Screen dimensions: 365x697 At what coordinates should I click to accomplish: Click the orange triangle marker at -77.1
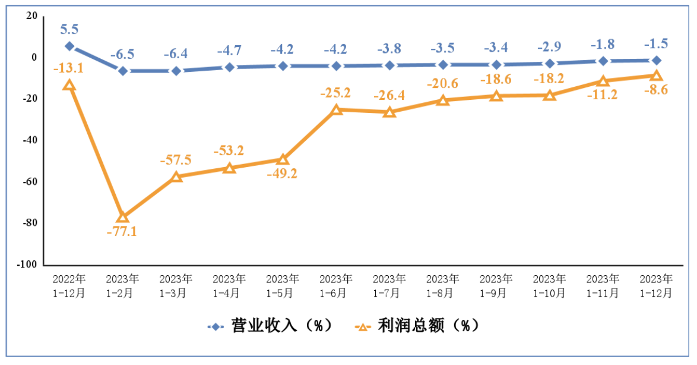pyautogui.click(x=122, y=217)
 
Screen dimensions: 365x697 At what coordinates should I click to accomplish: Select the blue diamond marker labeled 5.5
pyautogui.click(x=69, y=46)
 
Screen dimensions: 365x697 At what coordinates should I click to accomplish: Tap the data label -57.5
pyautogui.click(x=176, y=160)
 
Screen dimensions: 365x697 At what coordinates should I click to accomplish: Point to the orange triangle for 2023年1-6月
pyautogui.click(x=336, y=109)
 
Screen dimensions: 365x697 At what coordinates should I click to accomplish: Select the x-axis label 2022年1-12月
pyautogui.click(x=69, y=286)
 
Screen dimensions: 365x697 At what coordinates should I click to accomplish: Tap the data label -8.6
pyautogui.click(x=655, y=90)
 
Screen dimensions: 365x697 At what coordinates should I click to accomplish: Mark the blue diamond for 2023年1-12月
pyautogui.click(x=656, y=60)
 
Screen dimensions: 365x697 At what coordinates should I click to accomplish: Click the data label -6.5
pyautogui.click(x=122, y=54)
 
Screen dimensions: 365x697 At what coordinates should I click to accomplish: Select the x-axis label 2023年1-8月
pyautogui.click(x=443, y=286)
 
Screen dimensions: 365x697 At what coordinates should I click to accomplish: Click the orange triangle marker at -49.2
pyautogui.click(x=283, y=159)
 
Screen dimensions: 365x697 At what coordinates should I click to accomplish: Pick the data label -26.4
pyautogui.click(x=389, y=95)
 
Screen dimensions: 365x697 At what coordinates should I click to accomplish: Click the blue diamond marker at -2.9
pyautogui.click(x=550, y=63)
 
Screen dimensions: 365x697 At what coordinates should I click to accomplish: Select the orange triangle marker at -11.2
pyautogui.click(x=603, y=81)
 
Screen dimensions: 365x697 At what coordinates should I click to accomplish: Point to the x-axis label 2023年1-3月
pyautogui.click(x=176, y=286)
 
